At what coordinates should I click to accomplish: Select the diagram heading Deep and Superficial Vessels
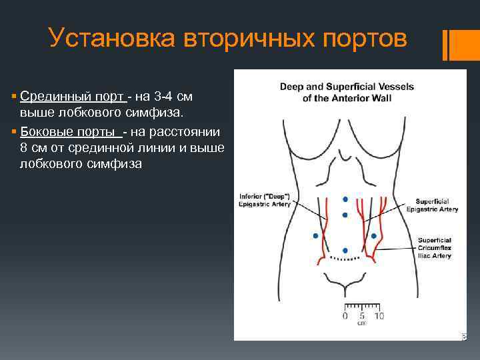(x=346, y=87)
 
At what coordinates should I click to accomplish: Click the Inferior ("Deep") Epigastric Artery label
(x=265, y=201)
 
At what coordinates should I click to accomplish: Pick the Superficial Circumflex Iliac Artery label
(x=435, y=247)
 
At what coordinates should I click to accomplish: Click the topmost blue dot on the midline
(x=345, y=199)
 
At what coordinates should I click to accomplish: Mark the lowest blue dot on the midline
(x=345, y=250)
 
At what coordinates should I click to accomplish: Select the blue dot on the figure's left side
(x=315, y=236)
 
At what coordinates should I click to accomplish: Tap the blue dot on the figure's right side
(x=374, y=236)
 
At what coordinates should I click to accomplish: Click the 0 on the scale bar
(x=345, y=315)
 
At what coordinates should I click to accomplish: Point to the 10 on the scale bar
(x=378, y=315)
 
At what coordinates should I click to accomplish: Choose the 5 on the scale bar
(x=361, y=315)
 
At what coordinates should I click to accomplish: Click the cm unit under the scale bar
(x=361, y=323)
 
